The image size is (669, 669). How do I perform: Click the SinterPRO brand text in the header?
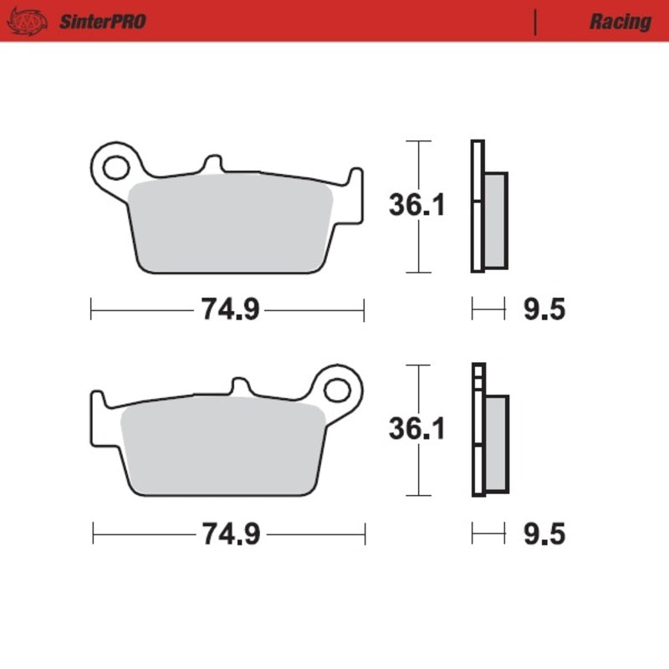[x=101, y=22]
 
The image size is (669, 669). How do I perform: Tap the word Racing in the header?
[x=620, y=22]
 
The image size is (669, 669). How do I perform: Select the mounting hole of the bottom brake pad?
[x=338, y=389]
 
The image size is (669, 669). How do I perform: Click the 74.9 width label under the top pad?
[x=229, y=311]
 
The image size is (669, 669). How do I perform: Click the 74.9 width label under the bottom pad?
[x=229, y=533]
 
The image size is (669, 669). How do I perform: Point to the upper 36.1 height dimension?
[x=416, y=205]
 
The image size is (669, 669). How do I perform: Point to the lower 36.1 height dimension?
[x=416, y=429]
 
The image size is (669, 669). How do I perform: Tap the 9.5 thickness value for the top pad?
[x=544, y=311]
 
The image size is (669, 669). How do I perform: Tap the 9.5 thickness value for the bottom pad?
[x=544, y=533]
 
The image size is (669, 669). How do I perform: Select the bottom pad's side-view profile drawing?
[x=488, y=431]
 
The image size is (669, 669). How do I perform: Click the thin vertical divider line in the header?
[x=534, y=22]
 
